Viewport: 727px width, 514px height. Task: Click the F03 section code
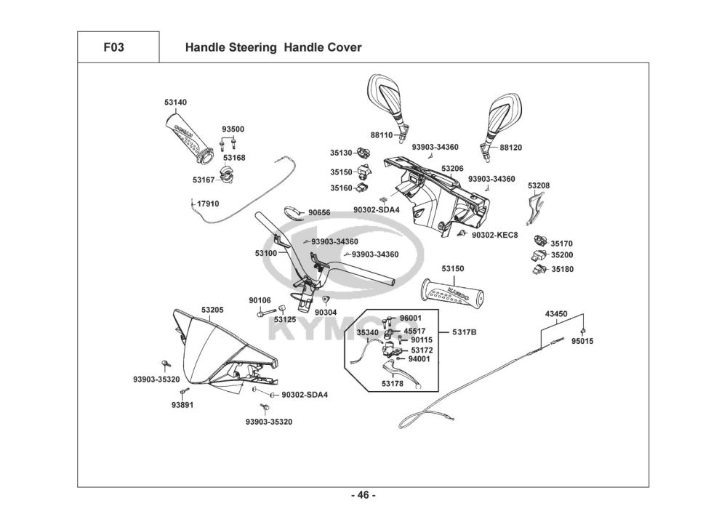[x=113, y=48]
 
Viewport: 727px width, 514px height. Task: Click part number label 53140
[x=175, y=103]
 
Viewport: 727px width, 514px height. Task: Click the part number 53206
[x=452, y=168]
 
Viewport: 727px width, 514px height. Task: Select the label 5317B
[x=464, y=332]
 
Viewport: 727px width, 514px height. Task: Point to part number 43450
[x=556, y=314]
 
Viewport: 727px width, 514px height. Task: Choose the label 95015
[x=582, y=341]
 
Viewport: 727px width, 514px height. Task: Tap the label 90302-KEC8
[x=494, y=235]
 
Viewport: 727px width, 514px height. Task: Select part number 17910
[x=208, y=204]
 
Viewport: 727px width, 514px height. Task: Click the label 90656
[x=318, y=212]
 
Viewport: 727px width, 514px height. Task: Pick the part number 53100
[x=266, y=253]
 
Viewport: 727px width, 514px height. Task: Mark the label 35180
[x=562, y=268]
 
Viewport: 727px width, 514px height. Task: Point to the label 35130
[x=340, y=153]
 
